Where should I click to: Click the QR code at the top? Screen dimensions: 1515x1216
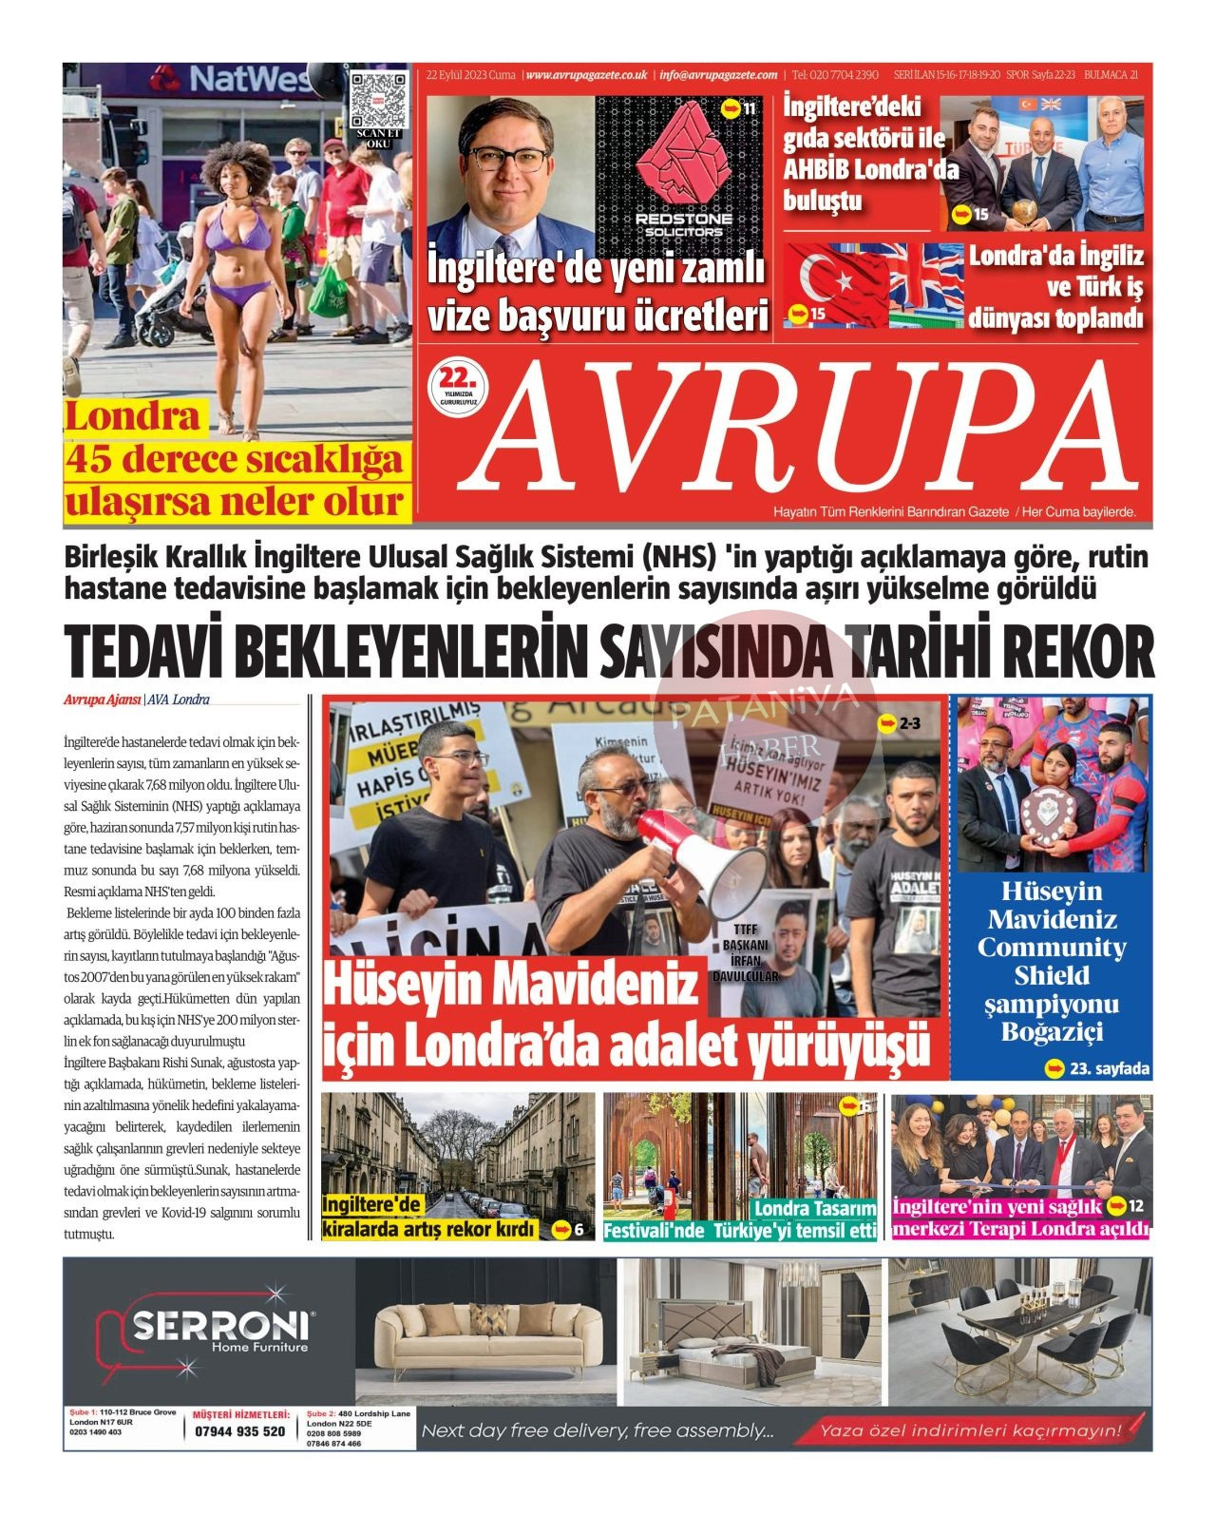pos(377,99)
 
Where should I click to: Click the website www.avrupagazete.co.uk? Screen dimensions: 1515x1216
pos(586,75)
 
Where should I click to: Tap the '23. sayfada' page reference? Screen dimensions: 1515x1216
pos(1098,1069)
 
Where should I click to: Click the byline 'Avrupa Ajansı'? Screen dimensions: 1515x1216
pos(102,700)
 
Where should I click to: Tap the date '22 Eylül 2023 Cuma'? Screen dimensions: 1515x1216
pos(471,75)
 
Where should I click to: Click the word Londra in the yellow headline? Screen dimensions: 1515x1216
pos(133,417)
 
